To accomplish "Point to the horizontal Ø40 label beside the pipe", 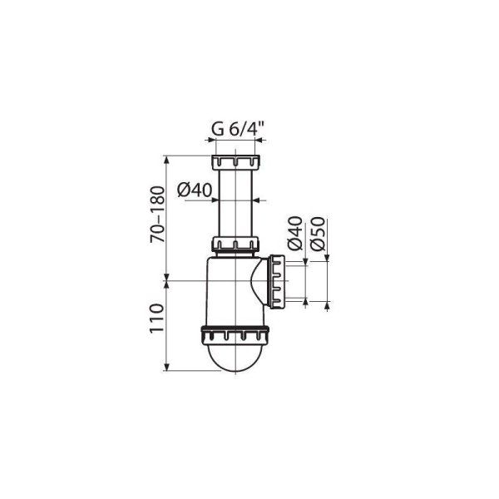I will [x=196, y=190].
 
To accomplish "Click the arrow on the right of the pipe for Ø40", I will [x=261, y=200].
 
